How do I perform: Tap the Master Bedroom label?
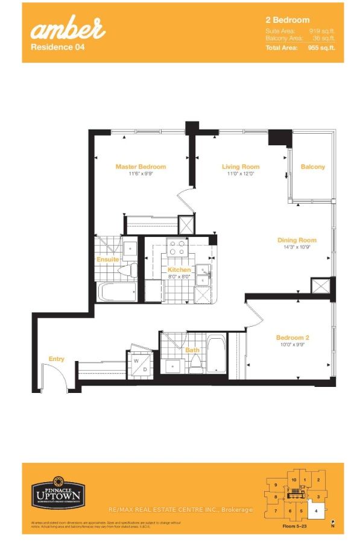click(x=141, y=167)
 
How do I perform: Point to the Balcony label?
click(x=312, y=167)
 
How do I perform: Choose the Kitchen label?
click(x=179, y=270)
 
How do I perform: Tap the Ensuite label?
click(x=107, y=260)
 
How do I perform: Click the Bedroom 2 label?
click(x=292, y=337)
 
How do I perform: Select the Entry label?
click(x=56, y=359)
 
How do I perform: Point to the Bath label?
click(x=192, y=350)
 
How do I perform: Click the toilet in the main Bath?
click(x=195, y=363)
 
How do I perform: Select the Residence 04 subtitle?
click(x=53, y=45)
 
